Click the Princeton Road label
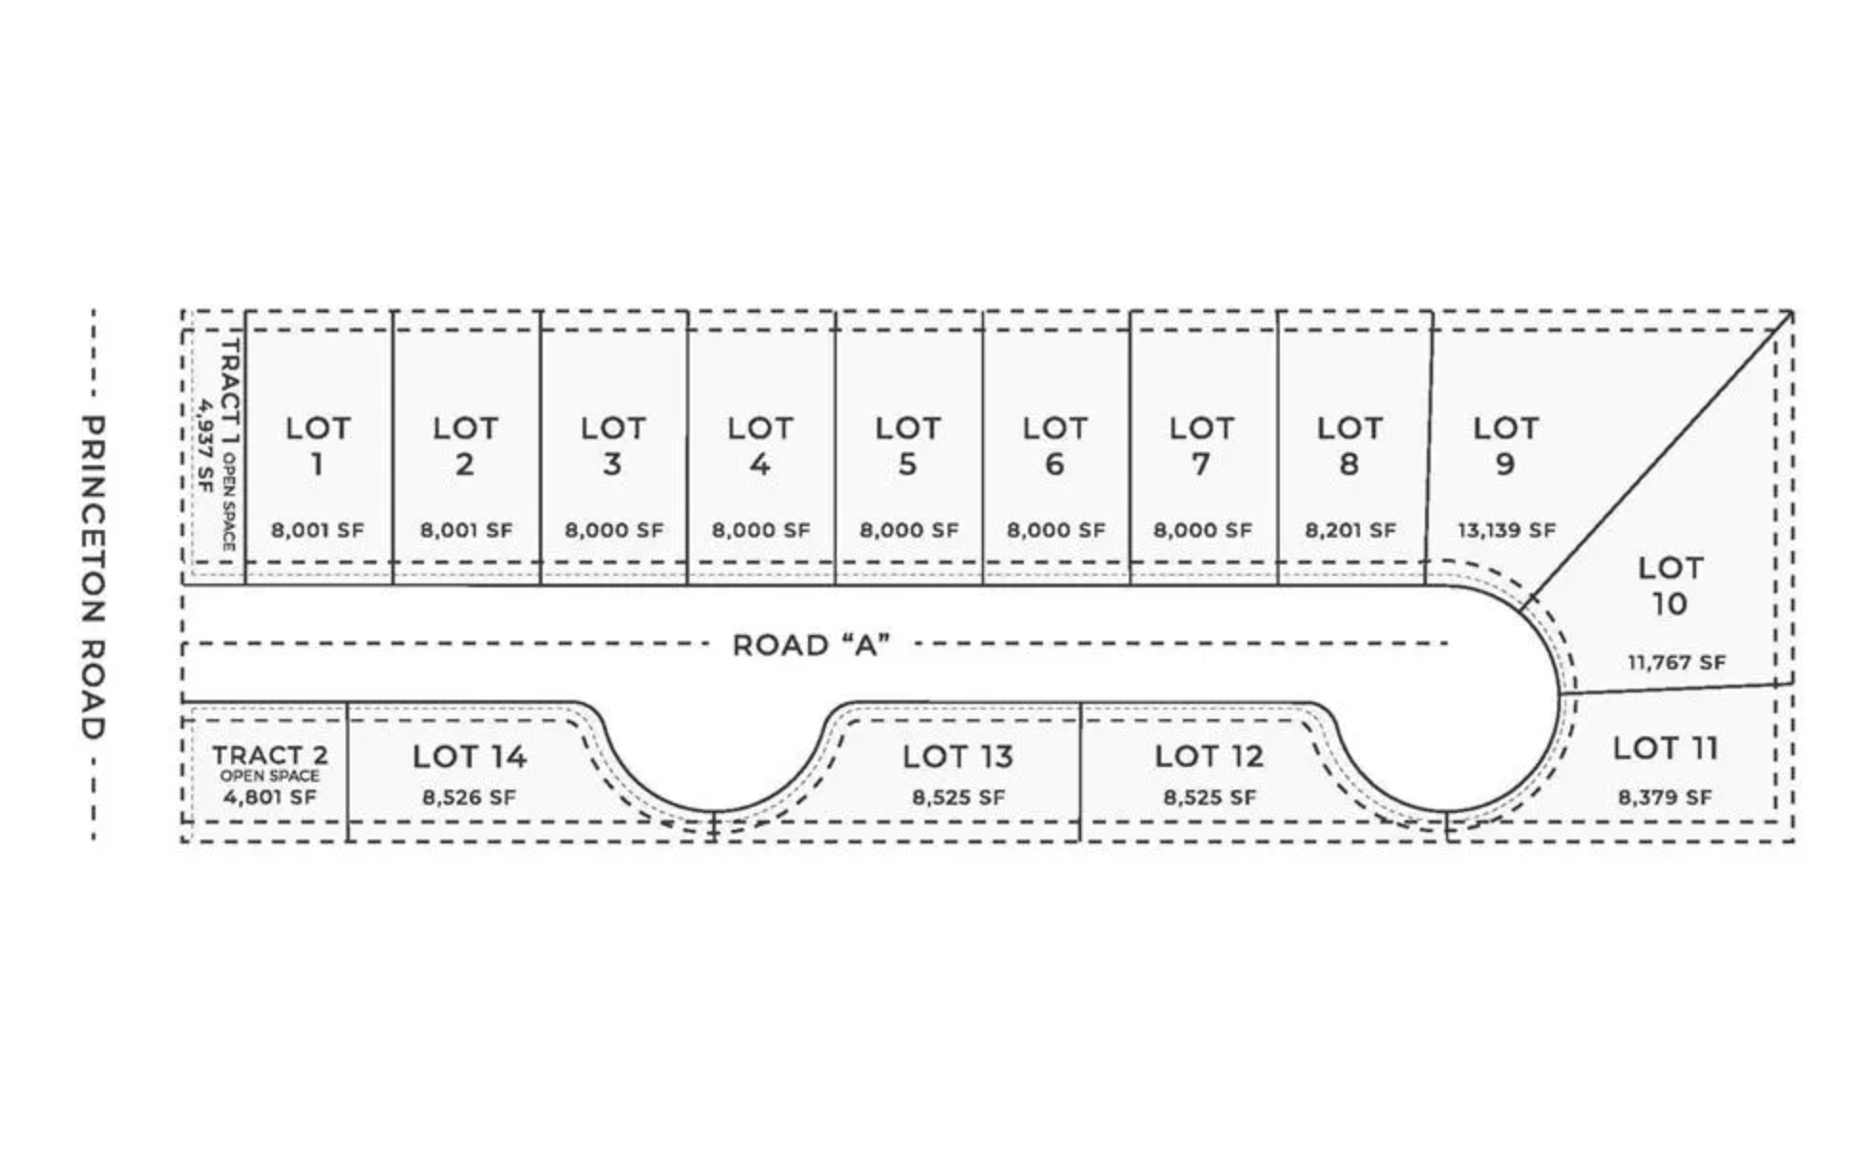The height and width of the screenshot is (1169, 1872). (92, 577)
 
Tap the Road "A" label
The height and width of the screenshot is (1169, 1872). (811, 646)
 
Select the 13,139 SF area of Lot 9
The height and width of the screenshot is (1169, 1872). (1506, 530)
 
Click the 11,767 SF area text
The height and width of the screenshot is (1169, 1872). (1676, 662)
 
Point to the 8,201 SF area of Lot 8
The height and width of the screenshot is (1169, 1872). (1350, 530)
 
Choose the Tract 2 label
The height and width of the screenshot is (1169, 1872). (269, 755)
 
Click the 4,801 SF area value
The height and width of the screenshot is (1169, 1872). (269, 797)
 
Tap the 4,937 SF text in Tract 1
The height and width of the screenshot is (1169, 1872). (203, 444)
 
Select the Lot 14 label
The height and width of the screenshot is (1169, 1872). (469, 756)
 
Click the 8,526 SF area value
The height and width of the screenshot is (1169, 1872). (469, 797)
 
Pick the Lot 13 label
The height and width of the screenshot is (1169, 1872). (957, 756)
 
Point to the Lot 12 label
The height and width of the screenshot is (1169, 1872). (1208, 756)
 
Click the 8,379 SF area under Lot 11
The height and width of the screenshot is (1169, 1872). (1664, 797)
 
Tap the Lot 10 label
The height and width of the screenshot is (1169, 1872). (1670, 585)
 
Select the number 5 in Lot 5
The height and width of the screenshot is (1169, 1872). (907, 465)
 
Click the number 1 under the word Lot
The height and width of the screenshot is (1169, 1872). (317, 465)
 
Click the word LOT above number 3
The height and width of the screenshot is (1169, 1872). (612, 428)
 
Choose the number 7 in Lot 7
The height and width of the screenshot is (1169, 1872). (1202, 465)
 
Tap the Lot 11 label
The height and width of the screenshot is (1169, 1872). (1665, 748)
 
